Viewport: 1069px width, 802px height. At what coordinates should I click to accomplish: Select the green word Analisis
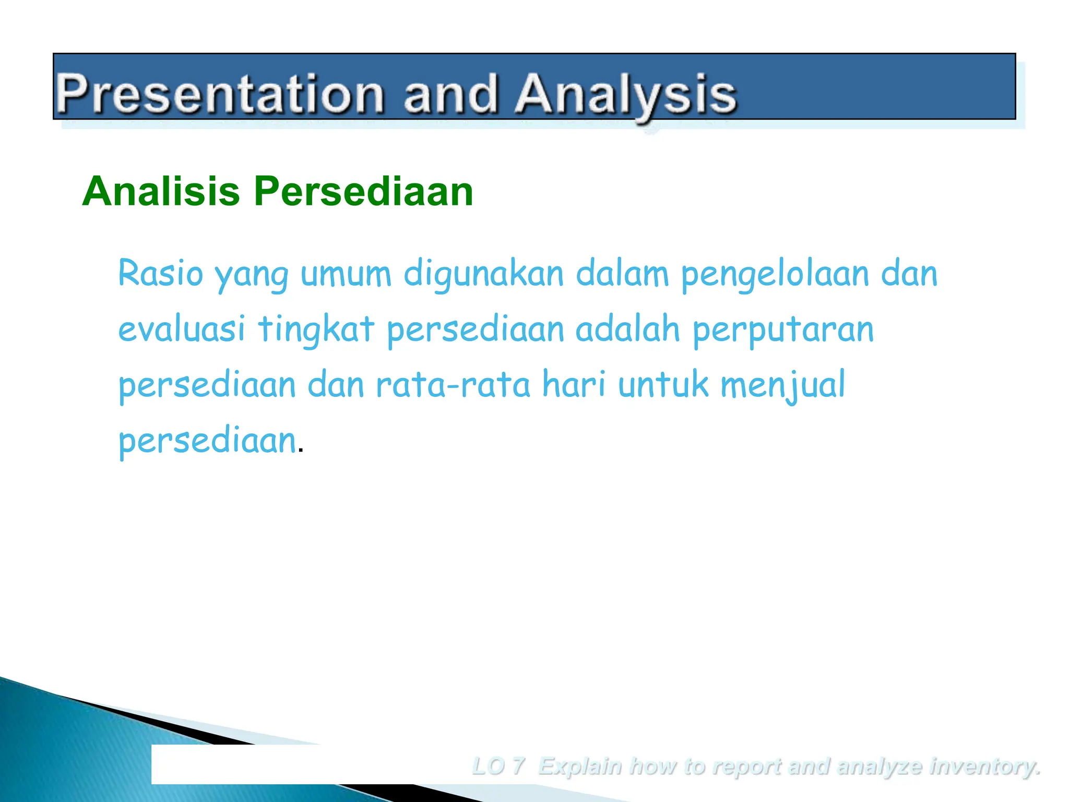coord(161,192)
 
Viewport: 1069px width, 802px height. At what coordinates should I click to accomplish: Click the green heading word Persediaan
coord(364,192)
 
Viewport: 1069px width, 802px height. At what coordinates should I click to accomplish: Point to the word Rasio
coord(160,274)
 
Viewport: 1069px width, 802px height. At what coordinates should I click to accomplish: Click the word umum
coord(346,275)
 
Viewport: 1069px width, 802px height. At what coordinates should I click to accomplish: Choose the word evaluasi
coord(181,330)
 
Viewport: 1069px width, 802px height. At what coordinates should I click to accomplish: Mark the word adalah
coord(627,329)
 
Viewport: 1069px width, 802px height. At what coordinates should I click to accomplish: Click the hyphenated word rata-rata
coord(453,385)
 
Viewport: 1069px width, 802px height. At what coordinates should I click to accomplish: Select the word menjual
coord(782,385)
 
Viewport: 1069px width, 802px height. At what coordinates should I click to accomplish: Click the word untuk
coord(663,384)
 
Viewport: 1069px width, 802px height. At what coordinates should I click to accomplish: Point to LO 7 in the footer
coord(497,766)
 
